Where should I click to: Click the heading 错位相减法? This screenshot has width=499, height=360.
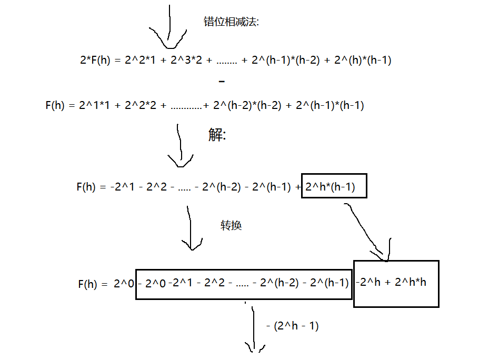coord(231,22)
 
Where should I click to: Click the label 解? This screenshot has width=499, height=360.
coord(217,135)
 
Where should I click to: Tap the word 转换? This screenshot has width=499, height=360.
coord(231,225)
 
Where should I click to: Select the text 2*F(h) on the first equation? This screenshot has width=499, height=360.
coord(95,60)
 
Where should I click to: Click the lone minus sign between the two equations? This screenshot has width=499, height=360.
coord(222,82)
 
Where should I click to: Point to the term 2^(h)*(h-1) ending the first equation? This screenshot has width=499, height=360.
coord(363,60)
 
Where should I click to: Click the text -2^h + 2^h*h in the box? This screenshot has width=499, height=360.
coord(392,282)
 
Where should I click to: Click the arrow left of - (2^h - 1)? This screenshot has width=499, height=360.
coord(254,329)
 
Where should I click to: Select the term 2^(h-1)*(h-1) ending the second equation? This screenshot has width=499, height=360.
coord(330,105)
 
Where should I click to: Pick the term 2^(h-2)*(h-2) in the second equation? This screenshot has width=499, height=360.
coord(245,105)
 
